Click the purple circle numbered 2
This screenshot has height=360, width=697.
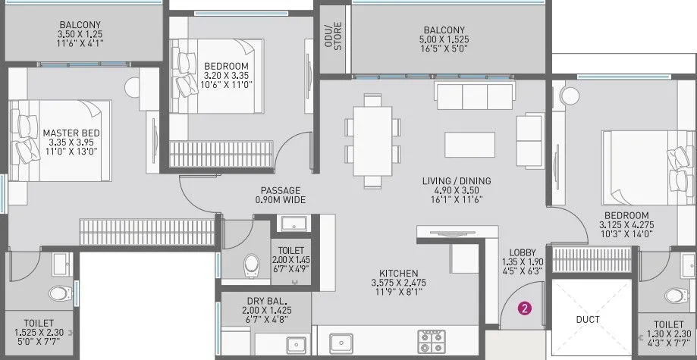(523, 308)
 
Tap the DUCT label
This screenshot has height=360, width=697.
(588, 320)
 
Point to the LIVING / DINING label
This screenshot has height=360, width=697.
(457, 180)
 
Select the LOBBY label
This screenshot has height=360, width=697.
(523, 252)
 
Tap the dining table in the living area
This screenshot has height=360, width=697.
(372, 140)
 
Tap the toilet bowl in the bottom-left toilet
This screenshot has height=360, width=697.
(60, 293)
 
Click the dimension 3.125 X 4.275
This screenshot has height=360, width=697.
(625, 225)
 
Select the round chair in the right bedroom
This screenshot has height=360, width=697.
(570, 97)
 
